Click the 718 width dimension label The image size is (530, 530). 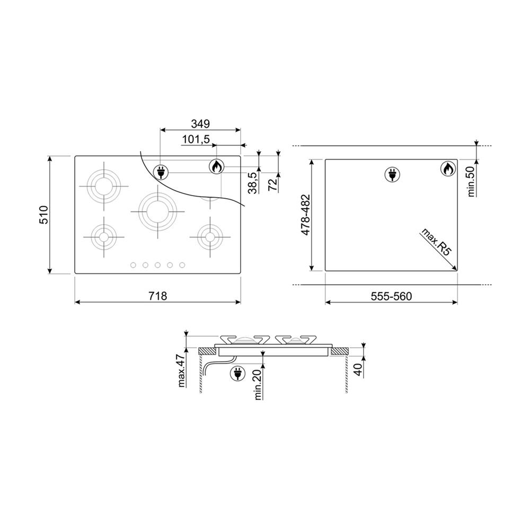click(158, 296)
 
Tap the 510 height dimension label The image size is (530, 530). click(45, 214)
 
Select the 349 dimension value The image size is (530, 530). click(200, 123)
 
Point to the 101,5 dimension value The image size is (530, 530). click(196, 139)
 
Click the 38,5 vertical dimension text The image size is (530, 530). click(253, 182)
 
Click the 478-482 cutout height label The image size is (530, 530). click(306, 215)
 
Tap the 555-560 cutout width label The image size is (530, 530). click(392, 296)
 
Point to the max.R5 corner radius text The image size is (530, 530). click(436, 243)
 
